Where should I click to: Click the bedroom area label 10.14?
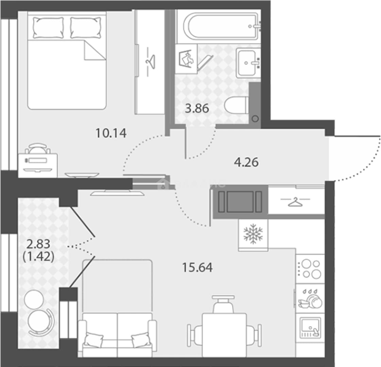coord(111,133)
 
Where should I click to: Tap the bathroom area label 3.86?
coord(197,108)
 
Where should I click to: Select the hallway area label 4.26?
coord(246,162)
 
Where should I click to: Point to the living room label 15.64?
coord(197,267)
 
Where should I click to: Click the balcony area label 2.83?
coord(38,244)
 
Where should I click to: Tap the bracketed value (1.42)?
coord(38,257)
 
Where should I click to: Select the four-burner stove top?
coord(310,269)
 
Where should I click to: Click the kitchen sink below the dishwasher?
coord(310,327)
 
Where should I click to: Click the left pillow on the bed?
coord(48,28)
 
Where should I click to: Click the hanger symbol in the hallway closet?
coord(295,202)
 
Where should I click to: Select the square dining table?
coord(225,335)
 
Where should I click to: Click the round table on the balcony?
coord(34,298)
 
